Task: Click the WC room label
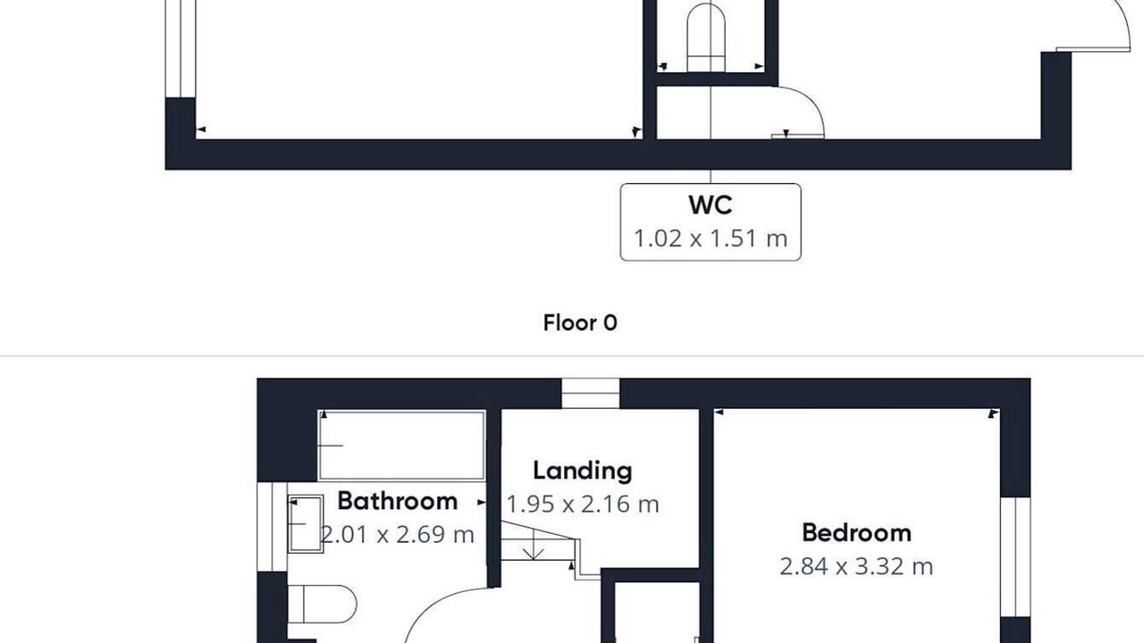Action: (711, 205)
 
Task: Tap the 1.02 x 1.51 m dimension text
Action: (711, 238)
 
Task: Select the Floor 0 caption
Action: (580, 322)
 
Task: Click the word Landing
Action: (582, 471)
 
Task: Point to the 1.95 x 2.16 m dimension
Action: (582, 505)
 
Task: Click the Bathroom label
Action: (398, 501)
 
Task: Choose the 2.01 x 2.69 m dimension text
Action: (398, 534)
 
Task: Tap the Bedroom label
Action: (856, 533)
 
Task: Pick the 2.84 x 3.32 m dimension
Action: (856, 566)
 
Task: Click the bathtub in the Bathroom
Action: (401, 446)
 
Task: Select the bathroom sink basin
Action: (306, 523)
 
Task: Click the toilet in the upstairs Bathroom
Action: (323, 605)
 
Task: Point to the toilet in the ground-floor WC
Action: (706, 38)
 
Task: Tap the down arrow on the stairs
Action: (534, 545)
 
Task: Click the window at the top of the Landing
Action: (591, 394)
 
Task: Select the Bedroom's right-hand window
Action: (1015, 556)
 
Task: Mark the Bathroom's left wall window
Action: (272, 527)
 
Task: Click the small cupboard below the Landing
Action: (656, 613)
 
